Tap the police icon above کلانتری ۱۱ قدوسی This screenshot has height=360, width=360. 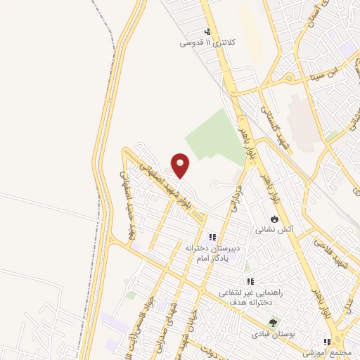(x=207, y=32)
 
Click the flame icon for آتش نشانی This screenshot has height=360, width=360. (x=275, y=218)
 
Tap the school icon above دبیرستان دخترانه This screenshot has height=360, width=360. (x=213, y=237)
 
